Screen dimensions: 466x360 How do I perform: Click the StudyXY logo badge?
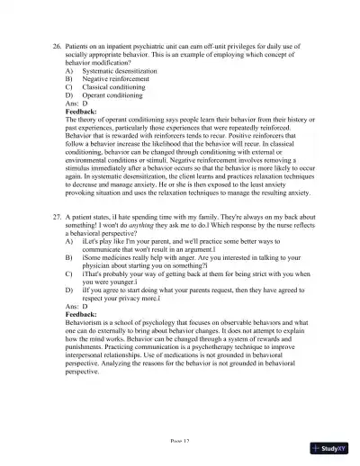pos(329,447)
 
